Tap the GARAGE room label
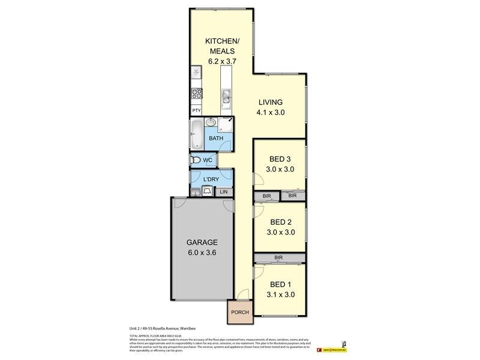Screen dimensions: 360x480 201,242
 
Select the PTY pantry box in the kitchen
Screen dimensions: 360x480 196,111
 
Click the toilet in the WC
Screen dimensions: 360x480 196,160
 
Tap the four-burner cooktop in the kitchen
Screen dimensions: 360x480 196,93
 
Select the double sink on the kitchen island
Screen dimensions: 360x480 227,96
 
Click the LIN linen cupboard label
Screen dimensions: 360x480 224,192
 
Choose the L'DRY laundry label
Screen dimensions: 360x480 210,179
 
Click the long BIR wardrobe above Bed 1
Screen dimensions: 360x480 278,257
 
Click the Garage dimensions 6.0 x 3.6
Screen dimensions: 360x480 201,253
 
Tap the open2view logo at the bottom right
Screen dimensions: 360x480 332,349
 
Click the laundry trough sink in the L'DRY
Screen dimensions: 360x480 207,191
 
